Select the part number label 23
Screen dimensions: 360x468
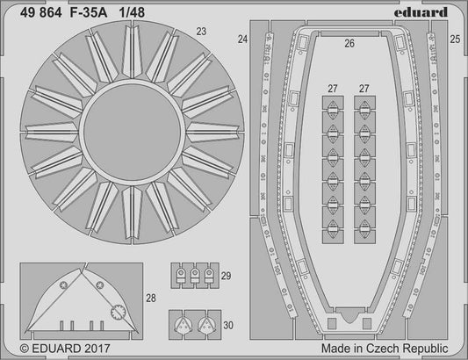[x=202, y=32]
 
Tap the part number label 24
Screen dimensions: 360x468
[x=243, y=39]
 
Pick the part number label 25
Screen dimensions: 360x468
[x=454, y=39]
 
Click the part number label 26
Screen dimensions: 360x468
[x=349, y=43]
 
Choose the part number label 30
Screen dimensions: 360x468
[x=227, y=325]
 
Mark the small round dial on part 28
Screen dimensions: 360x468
[x=117, y=309]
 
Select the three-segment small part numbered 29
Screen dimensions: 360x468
[x=194, y=277]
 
